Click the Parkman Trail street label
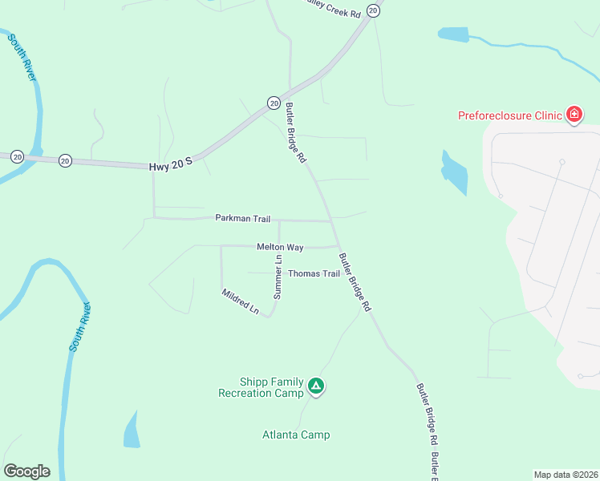click(242, 218)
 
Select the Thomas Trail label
click(314, 273)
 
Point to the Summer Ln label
click(278, 277)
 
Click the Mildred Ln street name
click(241, 301)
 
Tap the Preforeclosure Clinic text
click(509, 115)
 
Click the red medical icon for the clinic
click(574, 115)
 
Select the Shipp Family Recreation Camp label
click(261, 388)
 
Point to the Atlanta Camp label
click(296, 435)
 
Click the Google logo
click(26, 471)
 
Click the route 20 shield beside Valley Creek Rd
click(373, 10)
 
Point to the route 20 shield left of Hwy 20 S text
click(65, 160)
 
